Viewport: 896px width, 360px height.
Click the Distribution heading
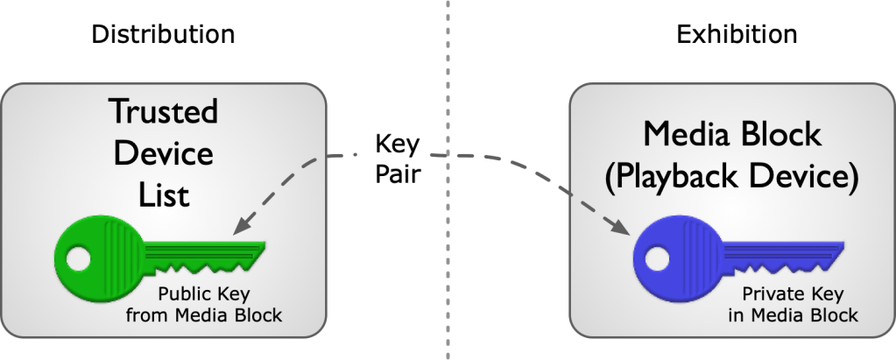(x=164, y=34)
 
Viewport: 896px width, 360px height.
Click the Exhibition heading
(x=737, y=34)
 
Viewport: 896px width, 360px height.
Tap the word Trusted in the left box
(x=163, y=113)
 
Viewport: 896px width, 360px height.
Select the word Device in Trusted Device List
(x=163, y=154)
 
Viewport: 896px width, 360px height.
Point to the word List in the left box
(x=163, y=194)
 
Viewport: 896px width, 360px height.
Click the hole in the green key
(x=77, y=259)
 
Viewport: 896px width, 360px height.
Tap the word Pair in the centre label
(x=399, y=173)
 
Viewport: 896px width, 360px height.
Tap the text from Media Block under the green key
(x=203, y=315)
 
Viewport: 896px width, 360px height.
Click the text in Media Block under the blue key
(x=792, y=314)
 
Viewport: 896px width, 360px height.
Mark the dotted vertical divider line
(x=448, y=263)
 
